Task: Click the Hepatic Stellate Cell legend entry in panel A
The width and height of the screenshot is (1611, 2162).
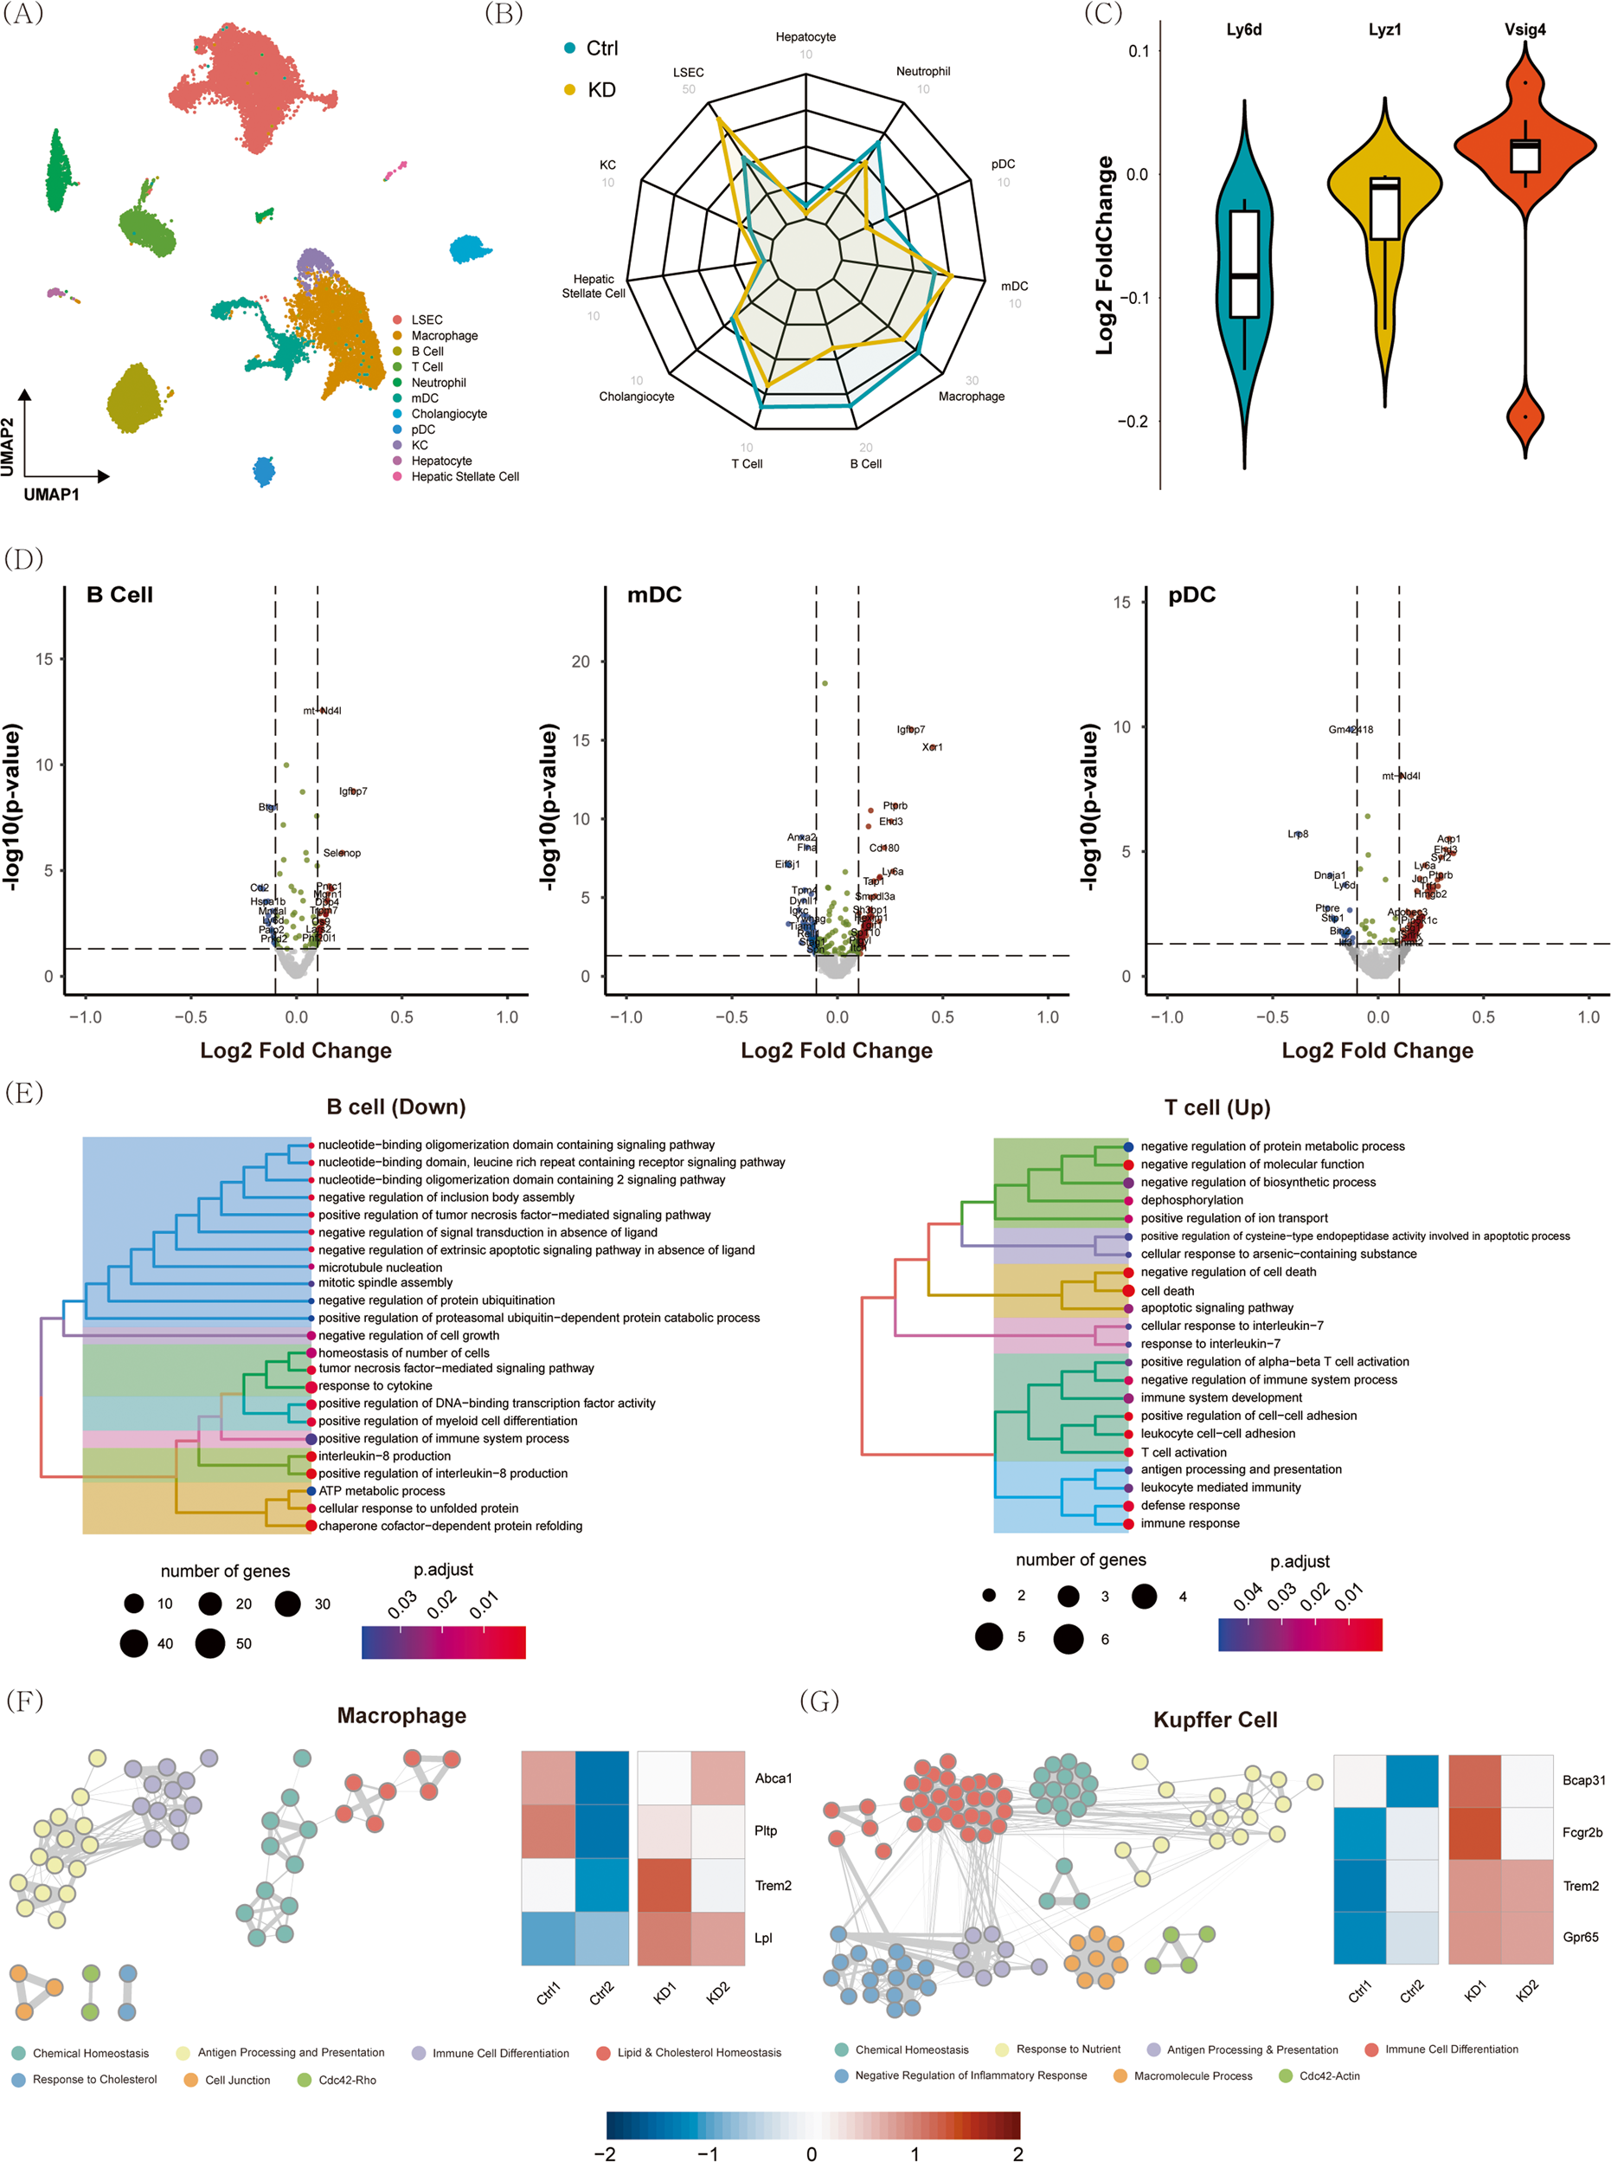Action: [465, 476]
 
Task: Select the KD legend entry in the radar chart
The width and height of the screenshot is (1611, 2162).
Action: [600, 90]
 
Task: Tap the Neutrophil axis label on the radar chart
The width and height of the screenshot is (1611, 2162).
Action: [922, 71]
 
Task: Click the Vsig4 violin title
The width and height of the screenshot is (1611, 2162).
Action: [1524, 29]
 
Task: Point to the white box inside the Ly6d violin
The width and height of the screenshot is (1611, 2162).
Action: [1244, 263]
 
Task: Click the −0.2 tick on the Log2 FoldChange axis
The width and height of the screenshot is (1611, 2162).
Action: [1133, 422]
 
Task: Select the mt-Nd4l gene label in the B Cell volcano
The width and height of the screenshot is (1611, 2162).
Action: [322, 710]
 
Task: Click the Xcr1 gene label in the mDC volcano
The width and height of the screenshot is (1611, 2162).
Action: [933, 747]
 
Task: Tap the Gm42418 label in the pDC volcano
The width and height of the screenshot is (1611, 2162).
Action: [1351, 729]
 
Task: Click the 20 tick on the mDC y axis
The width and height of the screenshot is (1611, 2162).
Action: [581, 662]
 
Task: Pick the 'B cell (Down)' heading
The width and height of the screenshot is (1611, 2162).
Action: [396, 1107]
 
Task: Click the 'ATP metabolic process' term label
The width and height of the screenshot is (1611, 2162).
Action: [382, 1491]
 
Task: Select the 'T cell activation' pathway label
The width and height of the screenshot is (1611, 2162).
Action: [1184, 1452]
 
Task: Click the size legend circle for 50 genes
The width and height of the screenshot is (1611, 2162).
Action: [210, 1643]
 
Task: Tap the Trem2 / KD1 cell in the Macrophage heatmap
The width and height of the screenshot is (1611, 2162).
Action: [664, 1885]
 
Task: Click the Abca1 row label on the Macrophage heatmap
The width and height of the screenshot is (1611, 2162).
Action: [773, 1778]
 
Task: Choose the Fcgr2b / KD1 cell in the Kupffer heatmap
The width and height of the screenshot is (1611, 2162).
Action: [1474, 1832]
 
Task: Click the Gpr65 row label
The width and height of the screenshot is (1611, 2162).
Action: [1580, 1937]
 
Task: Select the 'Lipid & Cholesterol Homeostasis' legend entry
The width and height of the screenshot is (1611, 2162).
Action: [699, 2052]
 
